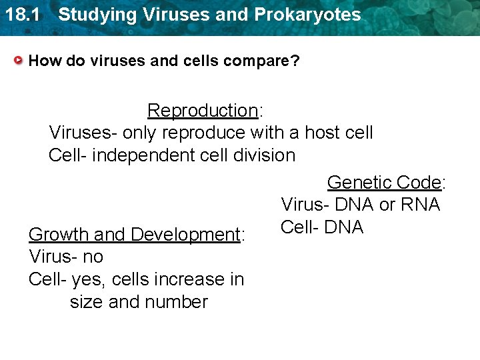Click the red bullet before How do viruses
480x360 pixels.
point(19,61)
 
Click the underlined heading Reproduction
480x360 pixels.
point(202,110)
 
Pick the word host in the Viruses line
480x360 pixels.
point(322,133)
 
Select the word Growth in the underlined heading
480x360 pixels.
point(59,235)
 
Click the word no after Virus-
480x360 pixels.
point(93,257)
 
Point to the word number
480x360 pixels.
point(175,302)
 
